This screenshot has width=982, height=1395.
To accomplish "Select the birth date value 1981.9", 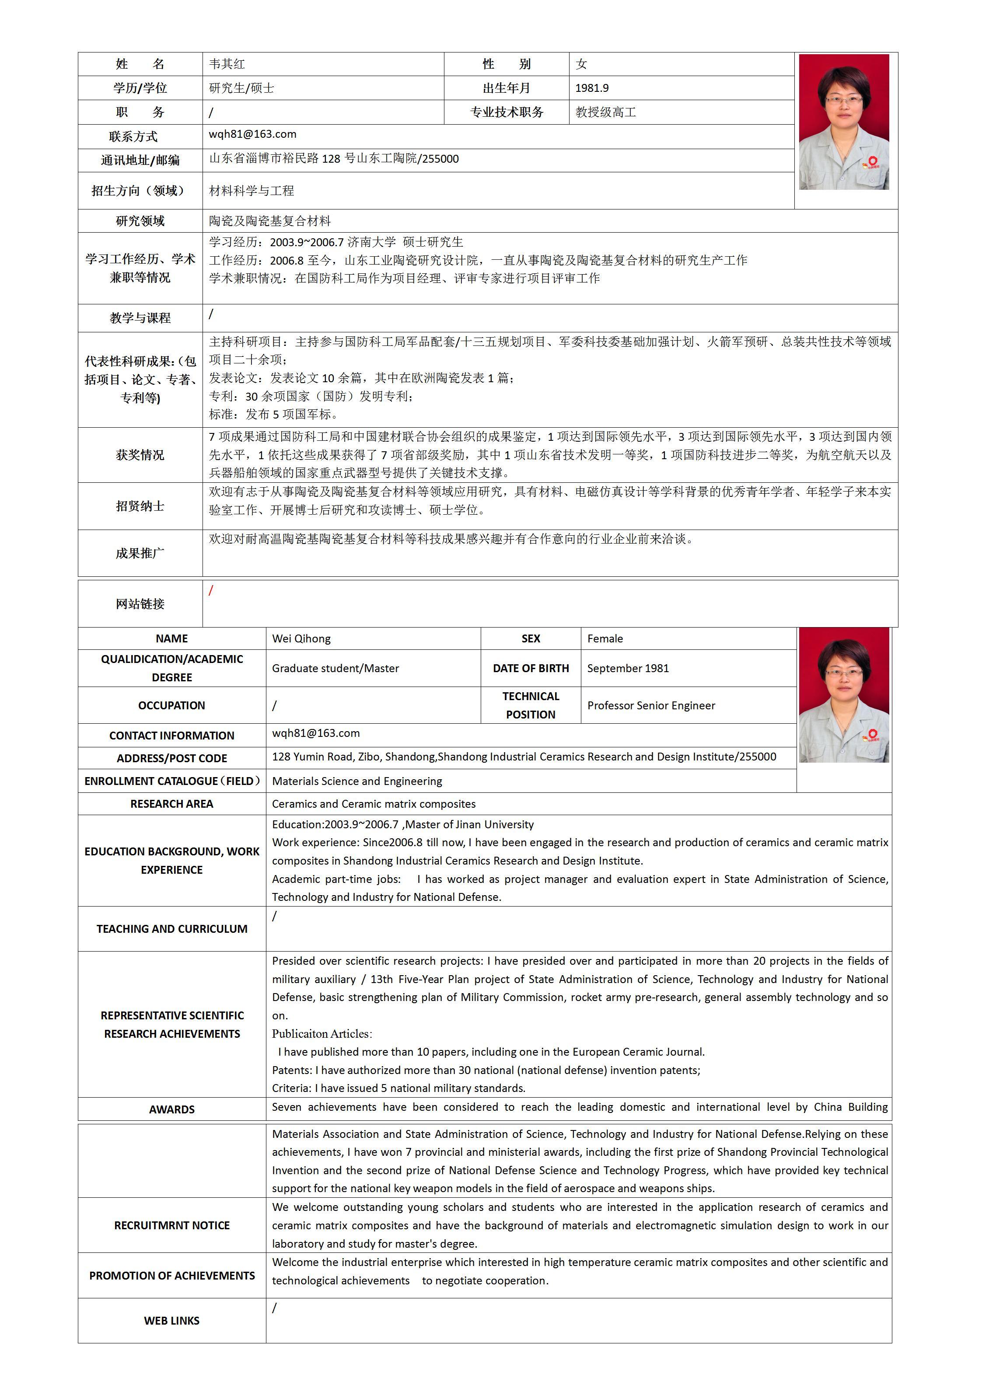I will click(x=592, y=88).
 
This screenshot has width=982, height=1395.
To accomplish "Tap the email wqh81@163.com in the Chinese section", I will click(x=252, y=134).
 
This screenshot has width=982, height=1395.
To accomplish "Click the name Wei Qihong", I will click(x=301, y=638).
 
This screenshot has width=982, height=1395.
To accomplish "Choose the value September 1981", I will click(x=628, y=668).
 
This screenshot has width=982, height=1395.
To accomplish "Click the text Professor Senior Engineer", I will click(x=651, y=705).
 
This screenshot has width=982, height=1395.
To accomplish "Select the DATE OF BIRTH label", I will click(x=531, y=668).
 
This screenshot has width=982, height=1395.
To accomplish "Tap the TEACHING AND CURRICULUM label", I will click(x=172, y=929).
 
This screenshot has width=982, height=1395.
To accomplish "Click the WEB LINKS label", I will click(x=172, y=1320).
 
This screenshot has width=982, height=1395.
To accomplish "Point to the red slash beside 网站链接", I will click(x=211, y=590).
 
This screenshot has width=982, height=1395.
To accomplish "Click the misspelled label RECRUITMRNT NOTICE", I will click(x=172, y=1225).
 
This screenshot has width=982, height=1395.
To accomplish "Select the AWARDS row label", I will click(x=172, y=1109).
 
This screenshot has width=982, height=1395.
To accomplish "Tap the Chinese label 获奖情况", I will click(x=140, y=455).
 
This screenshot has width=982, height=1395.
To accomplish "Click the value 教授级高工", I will click(x=605, y=112).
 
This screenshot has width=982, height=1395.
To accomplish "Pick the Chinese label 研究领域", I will click(x=140, y=221).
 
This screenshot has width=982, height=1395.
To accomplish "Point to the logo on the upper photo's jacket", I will click(x=872, y=162).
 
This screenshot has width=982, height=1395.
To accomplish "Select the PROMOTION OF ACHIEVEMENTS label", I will click(x=172, y=1276).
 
